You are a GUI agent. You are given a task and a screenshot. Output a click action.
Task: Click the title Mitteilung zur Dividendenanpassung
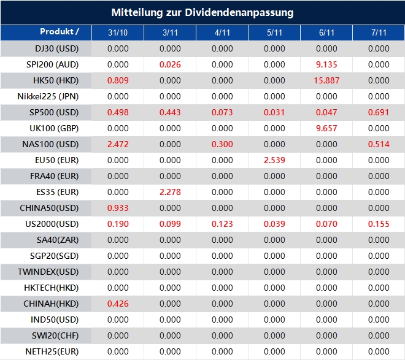click(x=202, y=12)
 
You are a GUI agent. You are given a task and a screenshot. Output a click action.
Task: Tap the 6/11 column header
click(x=326, y=33)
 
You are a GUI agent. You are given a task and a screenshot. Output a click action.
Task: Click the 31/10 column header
click(x=118, y=33)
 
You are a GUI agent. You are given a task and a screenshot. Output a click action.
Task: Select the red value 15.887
click(x=326, y=80)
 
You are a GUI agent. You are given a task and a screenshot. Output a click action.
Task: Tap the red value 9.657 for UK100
click(x=326, y=128)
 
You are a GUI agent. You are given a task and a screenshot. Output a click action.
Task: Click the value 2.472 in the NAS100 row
click(x=118, y=144)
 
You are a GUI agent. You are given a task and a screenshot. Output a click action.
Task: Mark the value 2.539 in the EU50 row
click(x=274, y=160)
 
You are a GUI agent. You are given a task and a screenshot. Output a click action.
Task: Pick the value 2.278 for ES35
click(x=170, y=192)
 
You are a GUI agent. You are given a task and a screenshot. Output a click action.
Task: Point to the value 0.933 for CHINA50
click(x=118, y=208)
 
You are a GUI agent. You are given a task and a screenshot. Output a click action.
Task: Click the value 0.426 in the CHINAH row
click(x=118, y=304)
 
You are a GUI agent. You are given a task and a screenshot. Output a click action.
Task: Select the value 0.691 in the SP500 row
click(x=379, y=112)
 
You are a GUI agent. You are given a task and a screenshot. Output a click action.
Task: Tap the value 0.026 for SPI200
click(x=170, y=64)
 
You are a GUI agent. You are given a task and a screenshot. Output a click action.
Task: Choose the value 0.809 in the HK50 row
click(x=118, y=80)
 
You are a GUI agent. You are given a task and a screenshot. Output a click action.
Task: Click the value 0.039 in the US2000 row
click(x=274, y=224)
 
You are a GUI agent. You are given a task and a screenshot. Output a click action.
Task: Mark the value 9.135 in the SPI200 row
click(x=326, y=64)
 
